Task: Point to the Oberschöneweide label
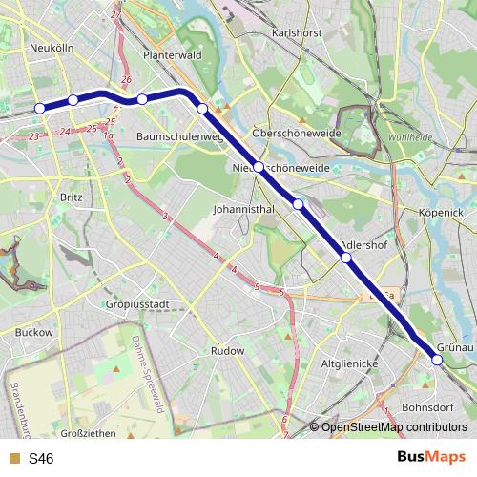[296, 134]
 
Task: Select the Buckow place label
[34, 333]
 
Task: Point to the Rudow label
[227, 351]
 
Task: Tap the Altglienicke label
[352, 363]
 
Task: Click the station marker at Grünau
[437, 360]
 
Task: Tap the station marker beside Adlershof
[345, 258]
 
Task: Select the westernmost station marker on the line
[40, 109]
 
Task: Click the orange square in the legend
[12, 459]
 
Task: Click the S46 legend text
[41, 459]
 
